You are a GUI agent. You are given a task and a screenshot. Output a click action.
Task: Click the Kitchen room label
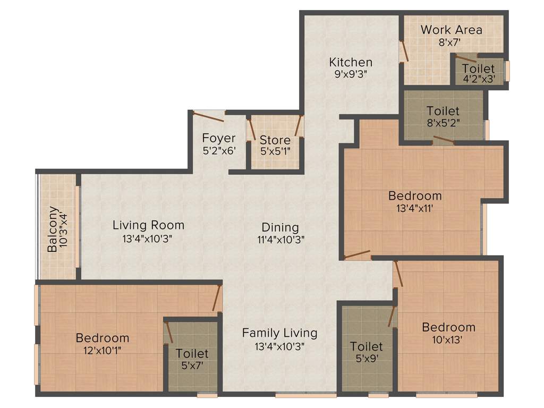[350, 62]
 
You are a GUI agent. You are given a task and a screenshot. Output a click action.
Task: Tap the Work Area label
[451, 30]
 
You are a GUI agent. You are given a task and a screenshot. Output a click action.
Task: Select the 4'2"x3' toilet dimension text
[478, 79]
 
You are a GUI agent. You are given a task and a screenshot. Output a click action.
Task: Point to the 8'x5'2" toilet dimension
[443, 122]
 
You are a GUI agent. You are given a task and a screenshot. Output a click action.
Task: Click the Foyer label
[218, 138]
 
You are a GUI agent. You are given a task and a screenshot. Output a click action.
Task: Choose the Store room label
[275, 140]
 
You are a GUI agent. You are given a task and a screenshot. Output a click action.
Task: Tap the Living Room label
[148, 225]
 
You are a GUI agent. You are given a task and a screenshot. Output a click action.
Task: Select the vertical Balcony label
[53, 229]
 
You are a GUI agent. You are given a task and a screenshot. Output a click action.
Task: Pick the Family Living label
[279, 333]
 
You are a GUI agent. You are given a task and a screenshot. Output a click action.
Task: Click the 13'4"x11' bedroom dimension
[414, 208]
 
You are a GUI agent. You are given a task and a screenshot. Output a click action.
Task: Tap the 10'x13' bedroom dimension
[448, 340]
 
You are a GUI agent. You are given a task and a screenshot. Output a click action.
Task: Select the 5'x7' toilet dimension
[192, 365]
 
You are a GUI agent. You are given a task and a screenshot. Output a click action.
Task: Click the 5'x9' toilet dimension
[366, 359]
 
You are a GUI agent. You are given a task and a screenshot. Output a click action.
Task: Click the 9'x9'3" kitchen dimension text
[350, 74]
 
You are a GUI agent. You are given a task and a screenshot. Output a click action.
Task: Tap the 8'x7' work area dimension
[451, 42]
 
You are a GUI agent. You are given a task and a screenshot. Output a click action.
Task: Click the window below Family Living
[305, 395]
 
